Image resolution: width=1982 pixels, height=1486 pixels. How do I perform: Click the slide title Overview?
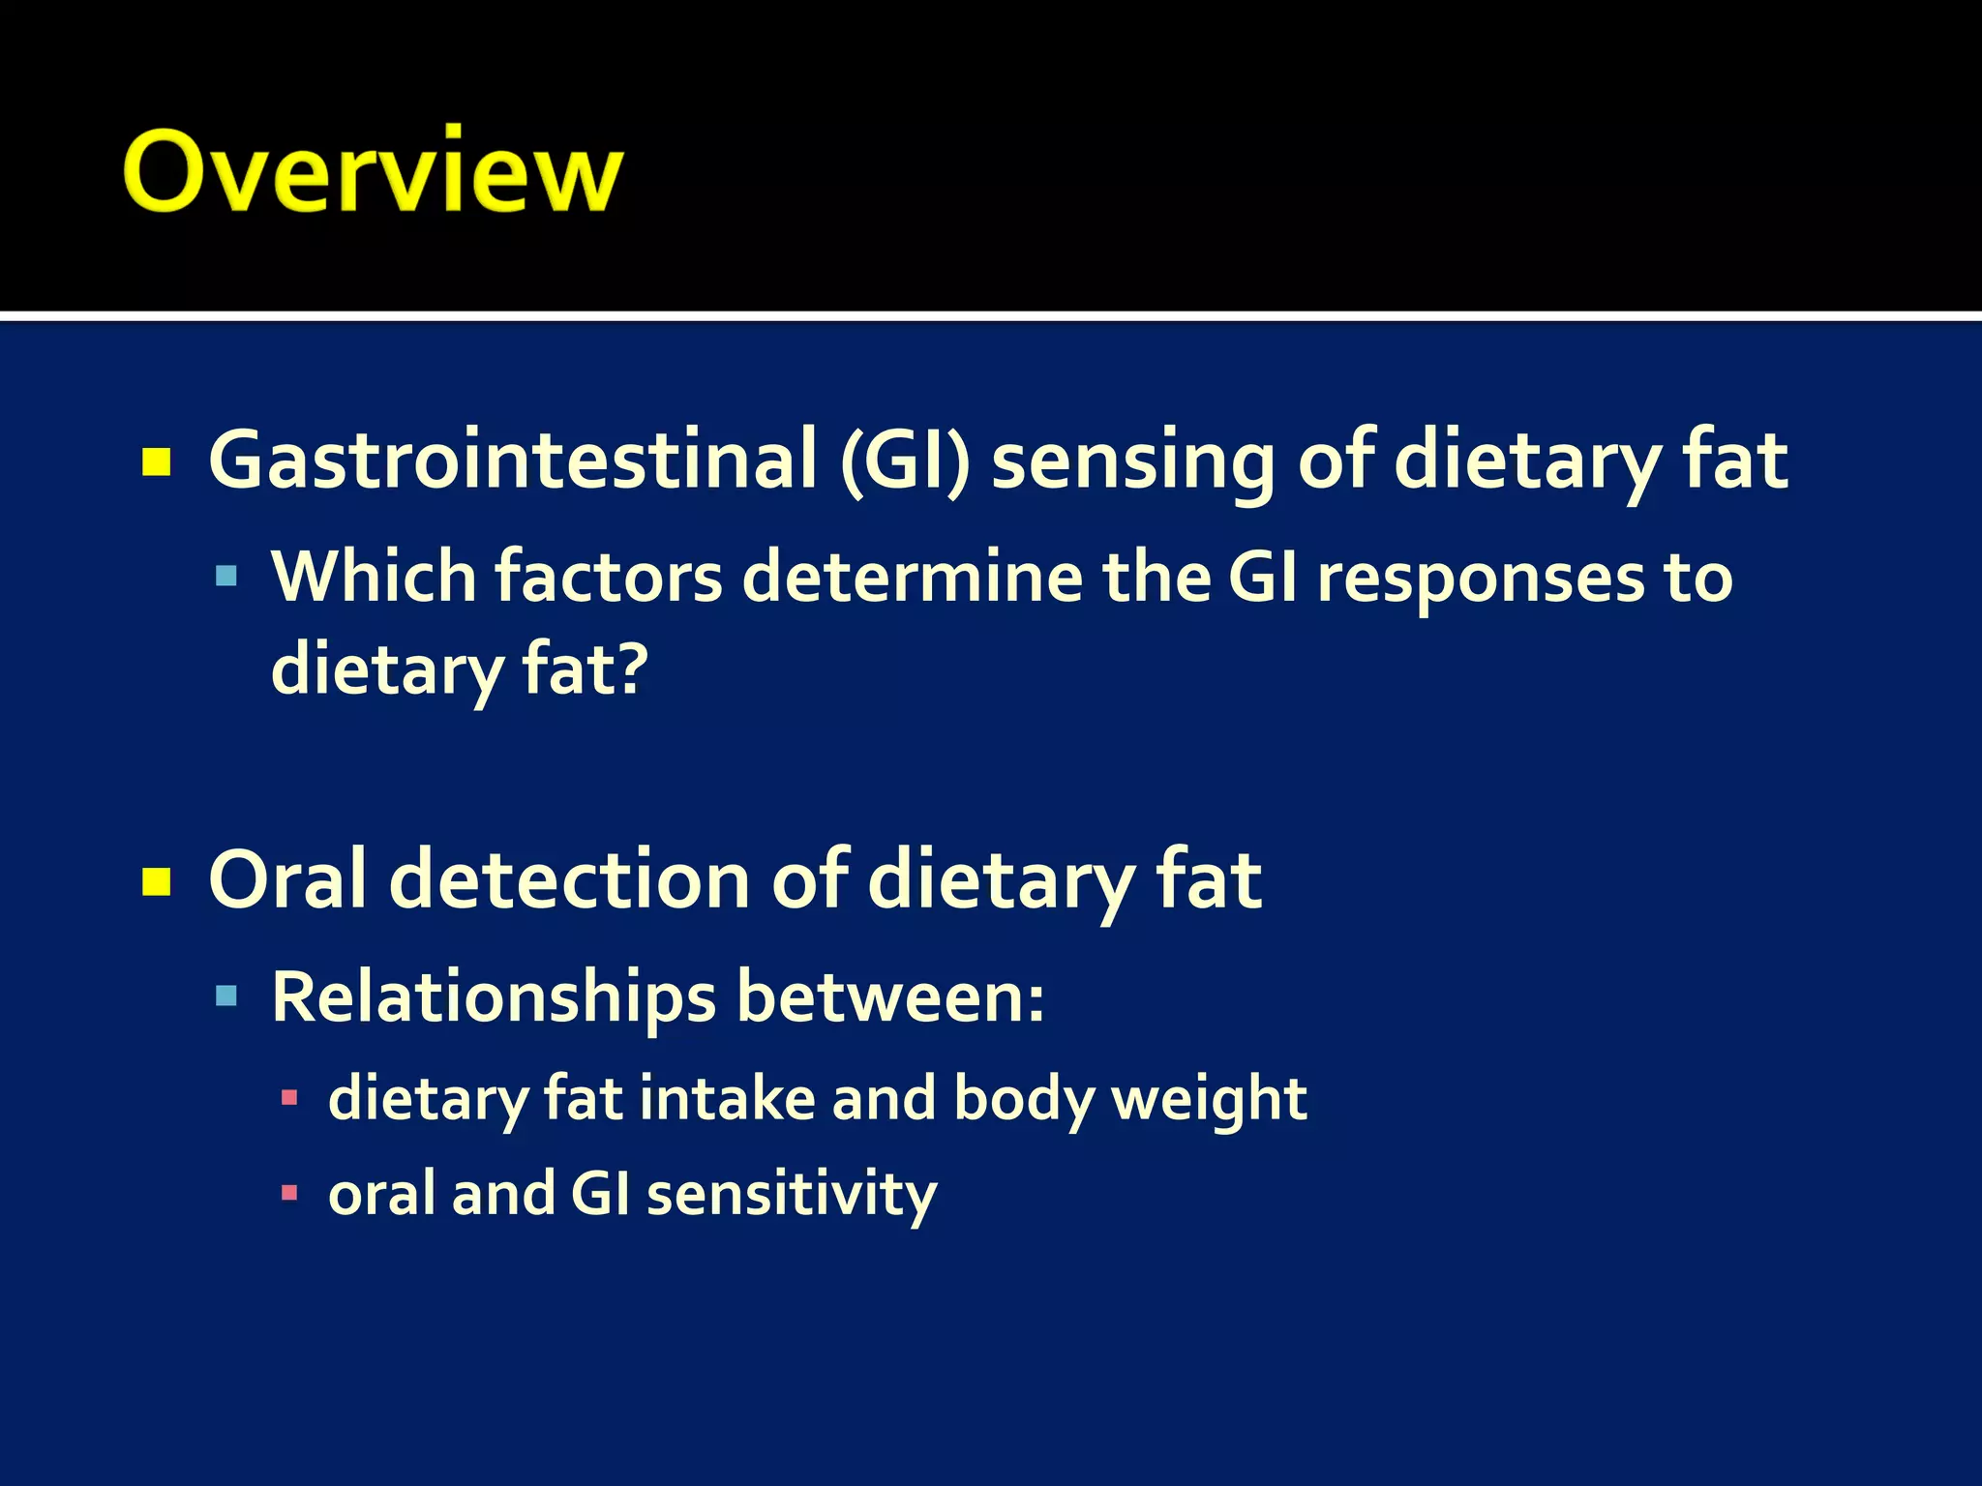tap(373, 171)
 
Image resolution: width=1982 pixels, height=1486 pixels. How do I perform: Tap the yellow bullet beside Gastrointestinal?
tap(157, 462)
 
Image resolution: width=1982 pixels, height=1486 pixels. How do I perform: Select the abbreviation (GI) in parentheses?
tap(905, 461)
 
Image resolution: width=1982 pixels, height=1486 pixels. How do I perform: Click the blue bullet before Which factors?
tap(226, 578)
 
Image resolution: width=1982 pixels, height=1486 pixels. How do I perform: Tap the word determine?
tap(912, 578)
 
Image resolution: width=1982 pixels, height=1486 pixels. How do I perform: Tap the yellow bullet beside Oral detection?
tap(157, 881)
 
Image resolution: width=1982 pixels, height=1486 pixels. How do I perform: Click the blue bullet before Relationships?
tap(226, 996)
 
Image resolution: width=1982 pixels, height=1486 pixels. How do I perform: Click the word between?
tap(890, 996)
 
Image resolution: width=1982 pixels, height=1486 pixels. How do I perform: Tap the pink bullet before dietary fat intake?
tap(288, 1098)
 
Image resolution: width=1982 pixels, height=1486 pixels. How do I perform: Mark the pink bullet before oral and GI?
tap(288, 1192)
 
